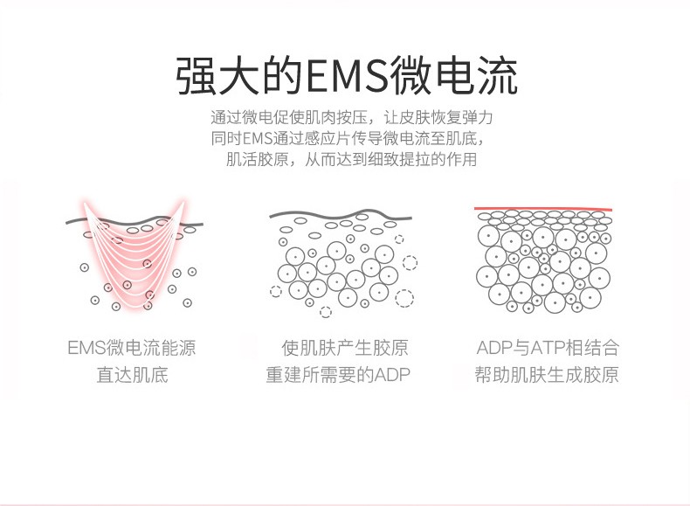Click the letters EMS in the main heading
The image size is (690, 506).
coord(346,75)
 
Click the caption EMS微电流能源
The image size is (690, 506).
coord(132,348)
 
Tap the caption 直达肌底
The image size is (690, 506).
coord(132,376)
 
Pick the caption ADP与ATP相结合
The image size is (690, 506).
coord(548,348)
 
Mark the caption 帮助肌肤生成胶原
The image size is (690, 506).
coord(548,376)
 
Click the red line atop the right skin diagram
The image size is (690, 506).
coord(542,209)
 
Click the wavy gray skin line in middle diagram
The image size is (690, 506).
coord(341,215)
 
